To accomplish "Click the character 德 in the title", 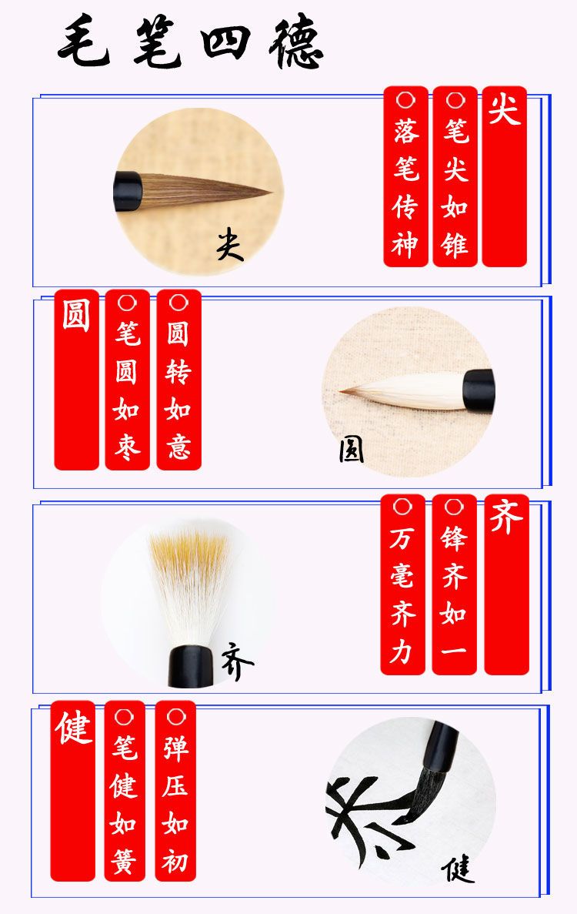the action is tap(295, 42).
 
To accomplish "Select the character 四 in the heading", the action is tap(226, 43).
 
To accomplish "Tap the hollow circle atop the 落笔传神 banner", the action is tap(405, 99).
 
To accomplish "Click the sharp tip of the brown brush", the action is tap(272, 192).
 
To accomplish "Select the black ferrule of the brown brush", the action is tap(128, 191).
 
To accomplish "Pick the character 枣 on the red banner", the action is tap(127, 447).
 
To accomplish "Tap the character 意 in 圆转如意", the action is tap(178, 447).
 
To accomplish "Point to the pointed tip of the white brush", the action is tap(341, 391).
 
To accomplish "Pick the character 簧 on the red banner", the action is tap(124, 860).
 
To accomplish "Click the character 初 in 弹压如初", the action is tap(175, 860).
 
